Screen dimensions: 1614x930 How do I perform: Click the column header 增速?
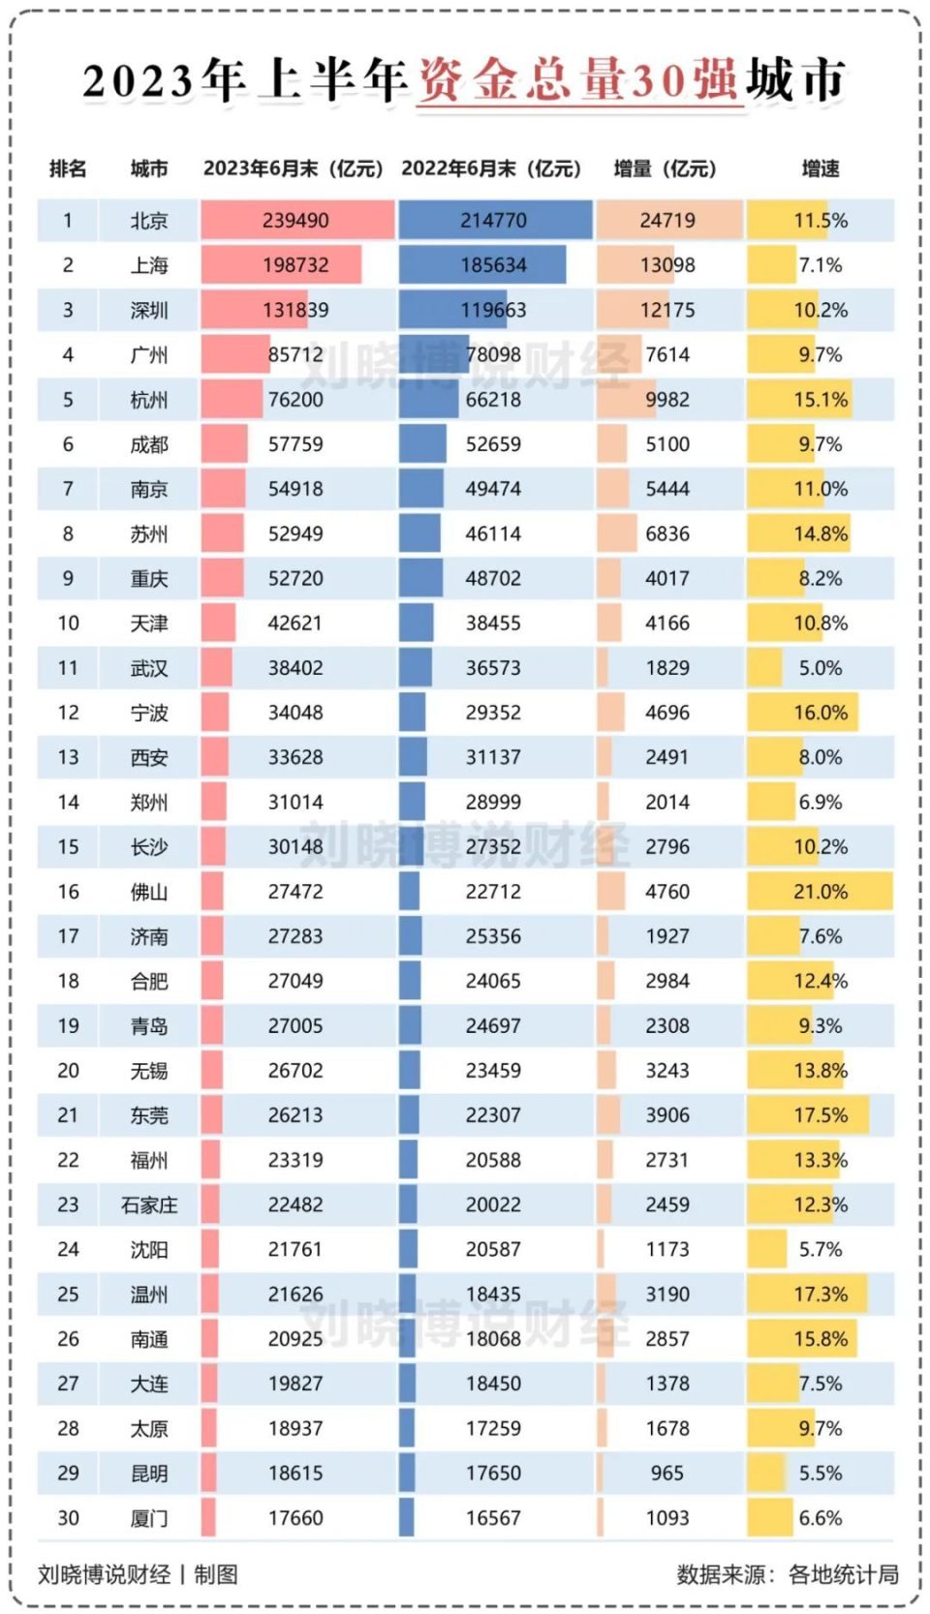click(x=820, y=168)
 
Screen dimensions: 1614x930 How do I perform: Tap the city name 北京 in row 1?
click(x=149, y=221)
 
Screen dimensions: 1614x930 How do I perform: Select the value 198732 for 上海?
click(x=294, y=265)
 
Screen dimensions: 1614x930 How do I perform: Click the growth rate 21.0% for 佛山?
click(x=820, y=892)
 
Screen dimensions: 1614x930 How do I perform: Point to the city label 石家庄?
click(x=149, y=1205)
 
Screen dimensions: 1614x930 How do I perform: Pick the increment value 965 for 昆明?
click(x=666, y=1474)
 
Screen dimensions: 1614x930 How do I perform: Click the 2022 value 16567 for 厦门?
click(x=493, y=1518)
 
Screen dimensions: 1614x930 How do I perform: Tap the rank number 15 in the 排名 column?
click(x=68, y=847)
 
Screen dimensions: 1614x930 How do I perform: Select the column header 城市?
click(x=149, y=168)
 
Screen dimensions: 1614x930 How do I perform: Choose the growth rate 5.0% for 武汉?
click(x=820, y=668)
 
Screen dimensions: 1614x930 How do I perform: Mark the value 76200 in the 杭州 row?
click(x=294, y=400)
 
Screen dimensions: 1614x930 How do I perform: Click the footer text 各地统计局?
click(x=843, y=1575)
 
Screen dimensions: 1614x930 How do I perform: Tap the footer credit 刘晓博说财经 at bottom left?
click(x=104, y=1575)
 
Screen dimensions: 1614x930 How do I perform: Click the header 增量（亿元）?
click(x=665, y=168)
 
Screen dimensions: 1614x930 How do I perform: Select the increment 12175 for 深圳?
click(x=666, y=311)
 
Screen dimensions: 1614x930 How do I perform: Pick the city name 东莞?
click(x=149, y=1115)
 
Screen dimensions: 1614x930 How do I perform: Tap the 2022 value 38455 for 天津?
click(x=493, y=624)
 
